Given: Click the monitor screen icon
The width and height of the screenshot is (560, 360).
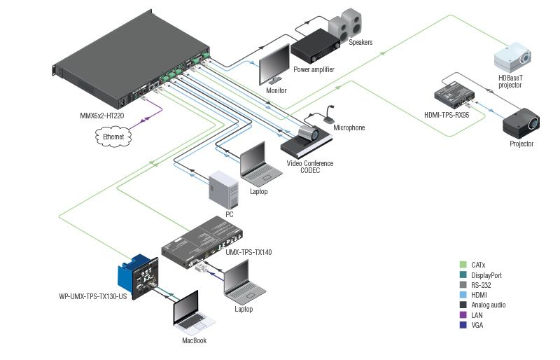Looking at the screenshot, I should click(x=274, y=64).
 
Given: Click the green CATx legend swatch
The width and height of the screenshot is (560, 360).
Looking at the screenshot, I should click(x=463, y=265).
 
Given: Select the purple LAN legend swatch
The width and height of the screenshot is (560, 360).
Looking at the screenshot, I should click(x=463, y=315).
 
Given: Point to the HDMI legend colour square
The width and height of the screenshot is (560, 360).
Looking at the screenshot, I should click(x=463, y=296).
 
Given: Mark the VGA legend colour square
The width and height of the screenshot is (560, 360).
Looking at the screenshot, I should click(x=463, y=325).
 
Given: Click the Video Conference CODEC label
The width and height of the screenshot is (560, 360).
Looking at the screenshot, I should click(x=309, y=167).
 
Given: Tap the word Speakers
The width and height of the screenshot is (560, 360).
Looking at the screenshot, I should click(x=360, y=43).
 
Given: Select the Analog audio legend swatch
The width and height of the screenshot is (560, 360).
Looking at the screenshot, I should click(x=463, y=305).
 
